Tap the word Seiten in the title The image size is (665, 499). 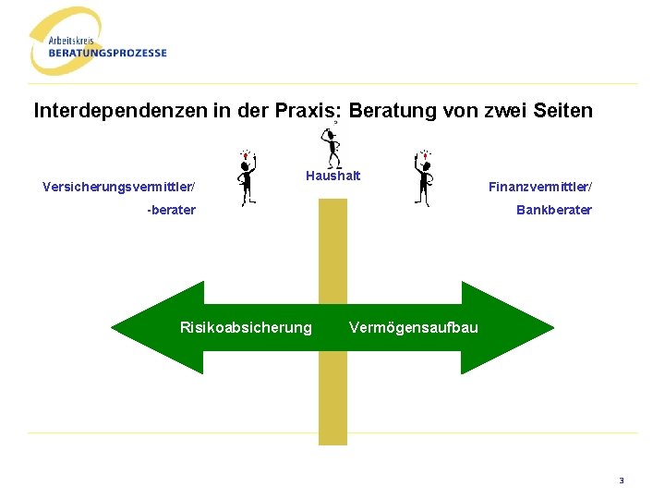tap(562, 111)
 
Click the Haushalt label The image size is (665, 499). tap(332, 176)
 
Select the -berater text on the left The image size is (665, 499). tap(172, 210)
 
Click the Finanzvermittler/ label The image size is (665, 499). tap(540, 188)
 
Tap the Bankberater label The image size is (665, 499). tap(554, 210)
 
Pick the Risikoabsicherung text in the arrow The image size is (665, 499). tap(246, 327)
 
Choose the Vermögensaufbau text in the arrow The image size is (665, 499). tap(414, 327)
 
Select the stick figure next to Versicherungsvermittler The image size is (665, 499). tap(246, 177)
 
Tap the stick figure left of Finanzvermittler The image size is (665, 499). tap(424, 177)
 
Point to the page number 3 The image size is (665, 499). tap(622, 481)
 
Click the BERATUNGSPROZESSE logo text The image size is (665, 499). tap(108, 53)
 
